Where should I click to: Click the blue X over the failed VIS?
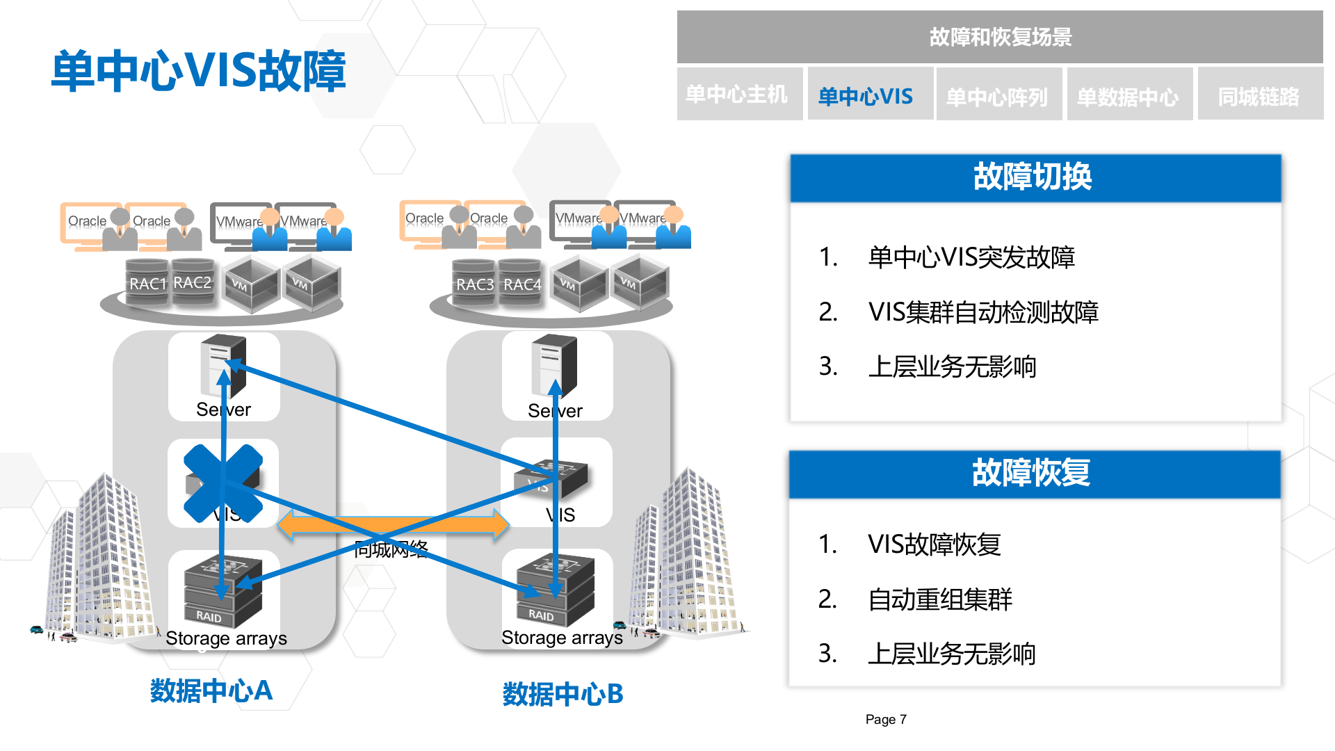pos(222,483)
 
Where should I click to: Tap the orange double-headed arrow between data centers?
pos(394,525)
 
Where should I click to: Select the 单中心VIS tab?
pos(866,96)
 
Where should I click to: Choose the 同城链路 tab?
pos(1259,96)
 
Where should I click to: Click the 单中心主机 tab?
pos(737,95)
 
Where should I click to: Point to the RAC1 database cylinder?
pos(147,283)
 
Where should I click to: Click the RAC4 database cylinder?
pos(521,284)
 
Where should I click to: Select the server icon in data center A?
pos(223,365)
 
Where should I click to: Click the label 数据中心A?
pos(211,691)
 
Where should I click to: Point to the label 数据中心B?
pos(563,694)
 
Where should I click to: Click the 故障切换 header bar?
pos(1035,178)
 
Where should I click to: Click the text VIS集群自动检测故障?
pos(982,312)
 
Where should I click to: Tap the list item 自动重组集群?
pos(939,599)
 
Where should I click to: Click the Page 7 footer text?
pos(885,720)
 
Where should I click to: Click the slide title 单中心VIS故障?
pos(199,71)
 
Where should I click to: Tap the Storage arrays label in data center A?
pos(226,638)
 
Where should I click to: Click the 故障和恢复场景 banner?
pos(999,37)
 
